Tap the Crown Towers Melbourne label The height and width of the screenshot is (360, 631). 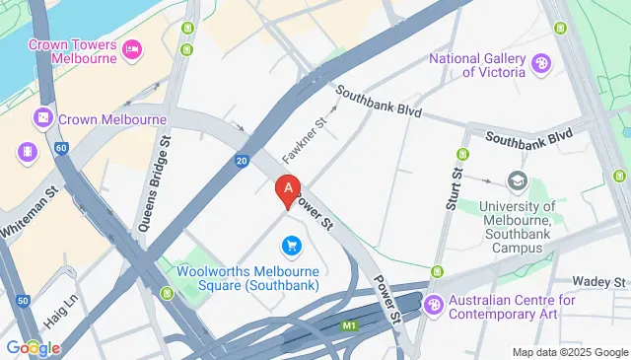click(73, 50)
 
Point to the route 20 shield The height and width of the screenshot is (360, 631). click(242, 161)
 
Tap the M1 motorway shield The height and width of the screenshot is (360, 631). click(348, 324)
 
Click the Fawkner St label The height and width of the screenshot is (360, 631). click(303, 141)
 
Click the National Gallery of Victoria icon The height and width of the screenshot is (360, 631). click(540, 65)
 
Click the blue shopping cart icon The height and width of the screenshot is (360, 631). click(291, 245)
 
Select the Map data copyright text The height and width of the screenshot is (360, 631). click(570, 352)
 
